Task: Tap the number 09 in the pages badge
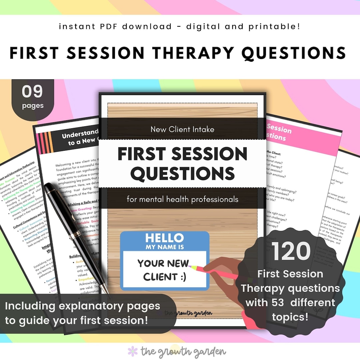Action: click(33, 92)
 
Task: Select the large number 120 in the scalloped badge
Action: click(291, 251)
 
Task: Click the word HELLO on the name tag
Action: click(164, 238)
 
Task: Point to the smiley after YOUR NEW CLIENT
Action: click(182, 276)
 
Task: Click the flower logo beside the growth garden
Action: click(133, 351)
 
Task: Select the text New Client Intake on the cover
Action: click(182, 129)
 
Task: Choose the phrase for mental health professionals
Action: click(182, 199)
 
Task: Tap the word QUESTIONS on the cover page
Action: click(182, 173)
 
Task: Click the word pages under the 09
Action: click(33, 106)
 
